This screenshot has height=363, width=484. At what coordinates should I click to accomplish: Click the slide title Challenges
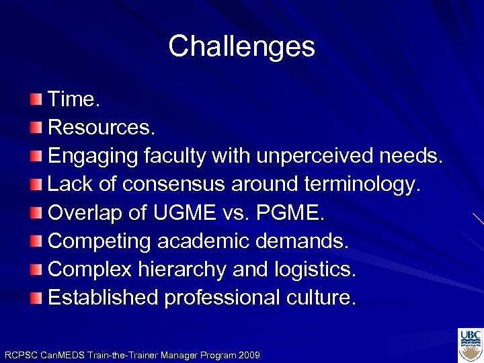click(241, 46)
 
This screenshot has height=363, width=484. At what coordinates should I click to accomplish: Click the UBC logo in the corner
click(470, 345)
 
